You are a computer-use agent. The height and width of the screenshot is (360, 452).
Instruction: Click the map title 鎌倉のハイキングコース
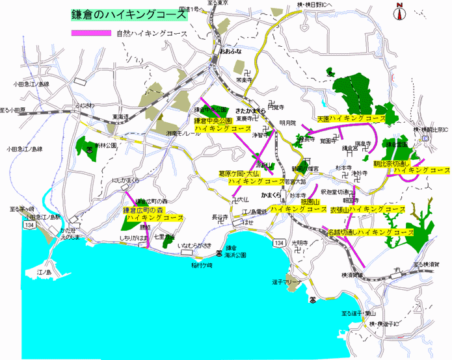[127, 14]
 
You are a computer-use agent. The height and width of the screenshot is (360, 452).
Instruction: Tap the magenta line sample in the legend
[92, 33]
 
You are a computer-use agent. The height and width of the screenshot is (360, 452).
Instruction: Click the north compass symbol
[399, 10]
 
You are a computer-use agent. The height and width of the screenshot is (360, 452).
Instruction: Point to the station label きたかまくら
[250, 111]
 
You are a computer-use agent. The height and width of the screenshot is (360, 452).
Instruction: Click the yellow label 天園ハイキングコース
[351, 120]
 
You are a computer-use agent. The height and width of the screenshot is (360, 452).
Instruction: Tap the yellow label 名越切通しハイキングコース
[370, 231]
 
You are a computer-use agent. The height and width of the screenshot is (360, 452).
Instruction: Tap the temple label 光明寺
[300, 242]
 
